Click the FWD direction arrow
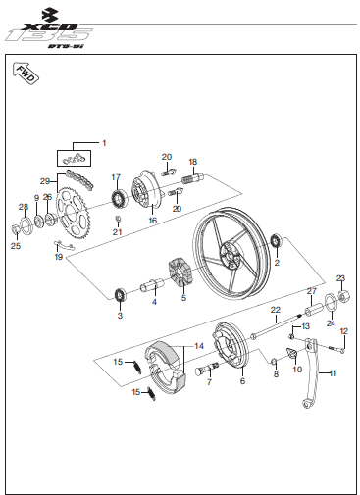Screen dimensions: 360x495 (x=26, y=74)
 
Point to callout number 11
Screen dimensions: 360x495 (x=333, y=373)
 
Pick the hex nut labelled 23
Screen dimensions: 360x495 (x=342, y=297)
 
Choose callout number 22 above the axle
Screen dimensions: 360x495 (x=276, y=310)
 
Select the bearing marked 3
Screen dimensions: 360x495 (x=120, y=295)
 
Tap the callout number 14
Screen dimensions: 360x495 (x=199, y=346)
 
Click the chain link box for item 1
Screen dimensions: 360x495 (x=74, y=158)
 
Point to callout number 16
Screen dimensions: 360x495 (x=153, y=221)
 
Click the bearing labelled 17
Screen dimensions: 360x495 (x=119, y=198)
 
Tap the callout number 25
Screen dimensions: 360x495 (x=16, y=246)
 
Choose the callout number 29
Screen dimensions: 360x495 (x=45, y=181)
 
